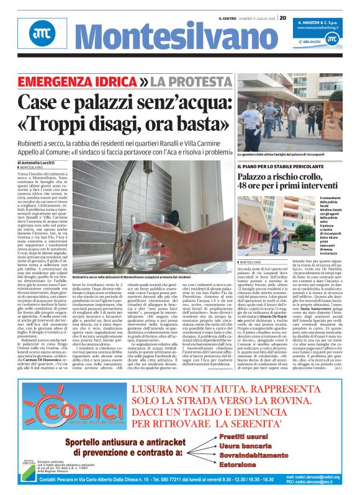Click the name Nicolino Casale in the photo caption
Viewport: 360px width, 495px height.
(x=338, y=207)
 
